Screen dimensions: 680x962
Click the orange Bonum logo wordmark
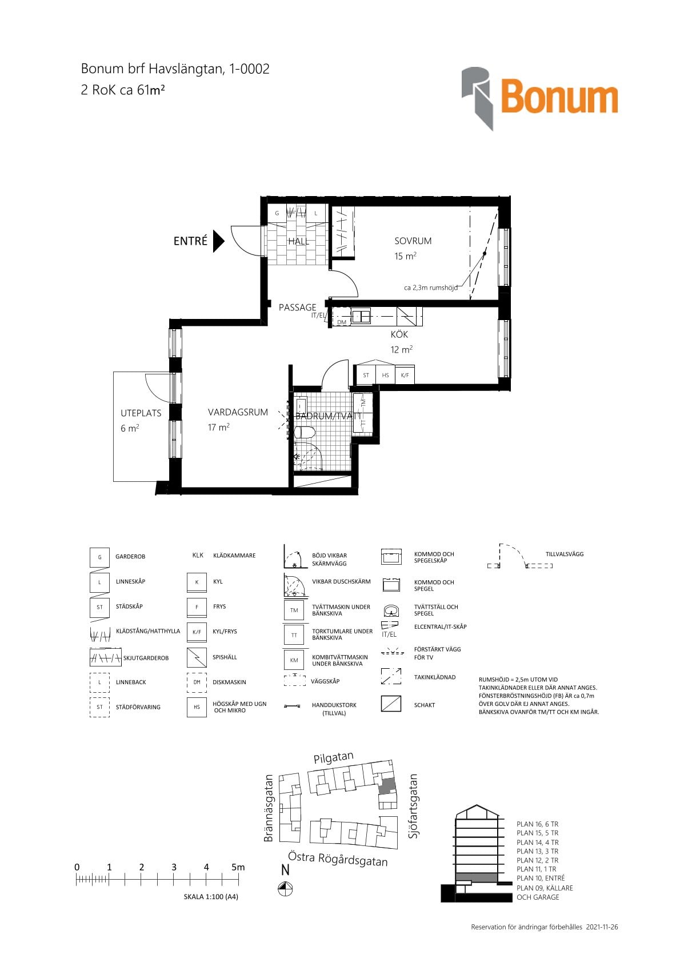(559, 96)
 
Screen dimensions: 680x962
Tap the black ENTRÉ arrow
(219, 241)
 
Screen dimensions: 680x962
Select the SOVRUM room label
(413, 241)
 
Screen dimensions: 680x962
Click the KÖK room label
(399, 334)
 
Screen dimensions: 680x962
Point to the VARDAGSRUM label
(238, 412)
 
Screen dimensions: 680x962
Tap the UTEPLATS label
(141, 413)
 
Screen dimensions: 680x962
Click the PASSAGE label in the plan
(298, 308)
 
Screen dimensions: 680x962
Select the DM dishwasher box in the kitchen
(342, 322)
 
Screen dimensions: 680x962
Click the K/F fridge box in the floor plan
(405, 375)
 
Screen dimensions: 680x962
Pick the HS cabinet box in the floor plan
(386, 375)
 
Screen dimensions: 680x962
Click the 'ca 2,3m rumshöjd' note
(431, 288)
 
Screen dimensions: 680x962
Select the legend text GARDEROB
(130, 557)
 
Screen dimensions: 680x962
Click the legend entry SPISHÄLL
(225, 657)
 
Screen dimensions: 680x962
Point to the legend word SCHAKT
(424, 705)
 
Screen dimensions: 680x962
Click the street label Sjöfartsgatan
(413, 806)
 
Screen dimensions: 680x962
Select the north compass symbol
(285, 888)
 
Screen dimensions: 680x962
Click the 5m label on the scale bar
(238, 867)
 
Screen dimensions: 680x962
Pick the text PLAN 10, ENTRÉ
(541, 878)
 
